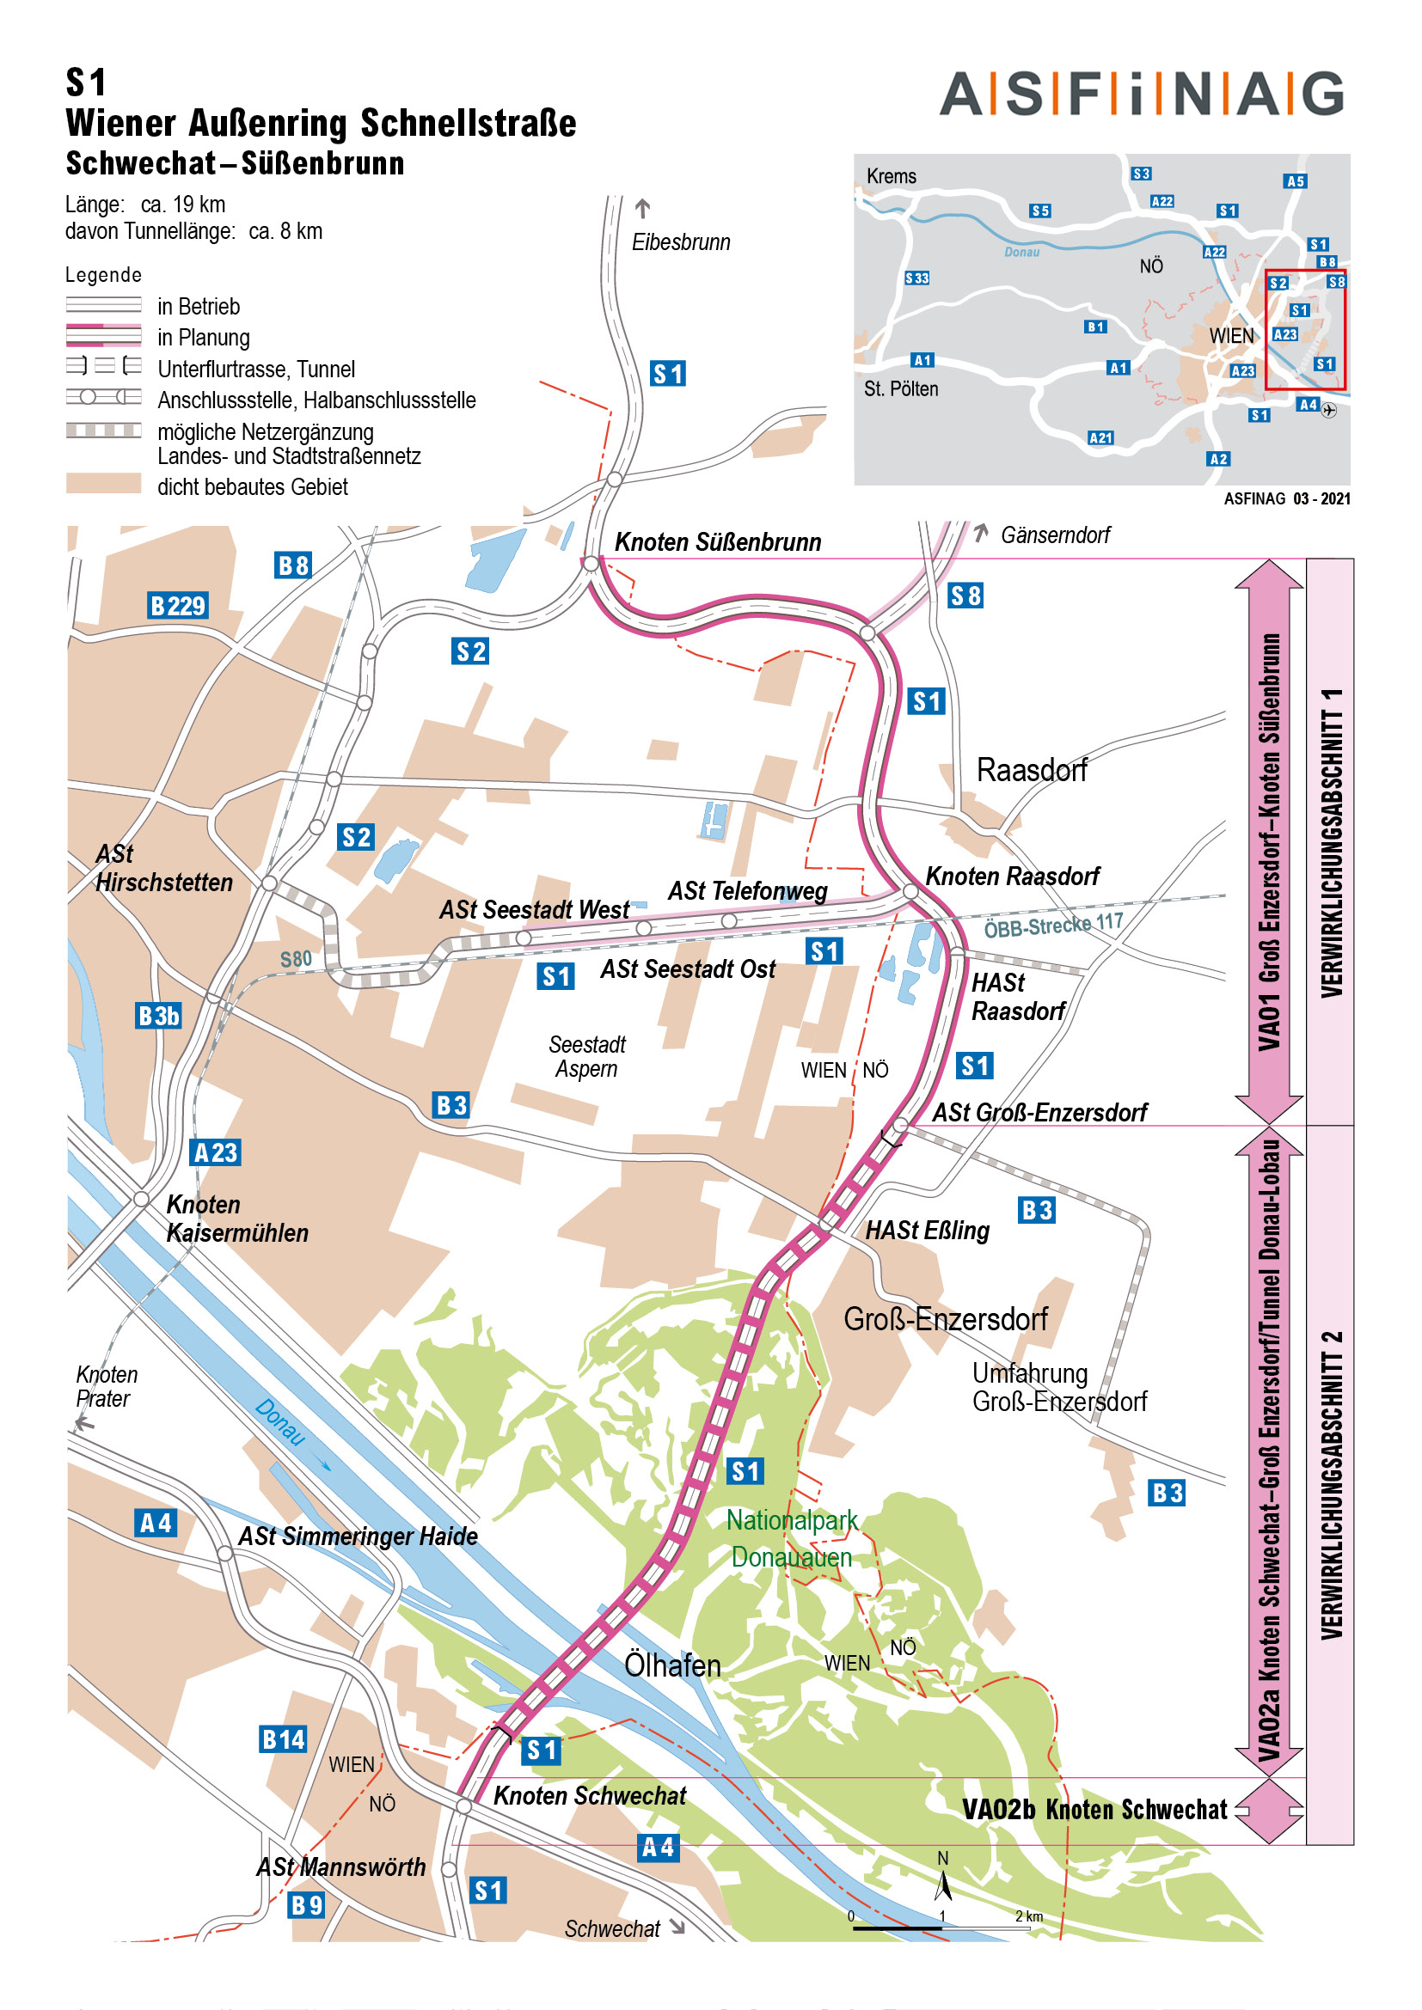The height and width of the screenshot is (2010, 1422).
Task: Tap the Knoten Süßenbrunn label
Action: coord(717,542)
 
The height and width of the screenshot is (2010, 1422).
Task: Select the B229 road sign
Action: coord(178,606)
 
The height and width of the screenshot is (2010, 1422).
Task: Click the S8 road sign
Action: coord(965,596)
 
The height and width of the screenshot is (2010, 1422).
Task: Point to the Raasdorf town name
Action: coord(1031,770)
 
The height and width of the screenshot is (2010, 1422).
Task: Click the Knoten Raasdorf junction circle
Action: coord(910,891)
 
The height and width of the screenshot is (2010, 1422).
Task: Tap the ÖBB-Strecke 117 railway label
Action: coord(1052,925)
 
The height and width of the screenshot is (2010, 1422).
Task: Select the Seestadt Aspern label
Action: coord(586,1056)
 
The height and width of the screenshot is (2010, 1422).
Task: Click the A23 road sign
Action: coord(216,1152)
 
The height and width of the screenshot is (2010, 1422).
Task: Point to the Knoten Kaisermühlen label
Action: coord(236,1219)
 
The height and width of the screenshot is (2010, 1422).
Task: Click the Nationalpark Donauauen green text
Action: coord(792,1538)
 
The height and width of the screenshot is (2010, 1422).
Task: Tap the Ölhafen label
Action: coord(671,1665)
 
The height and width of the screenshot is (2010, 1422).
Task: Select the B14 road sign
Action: coord(283,1738)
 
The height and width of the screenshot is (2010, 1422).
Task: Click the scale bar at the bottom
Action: coord(941,1928)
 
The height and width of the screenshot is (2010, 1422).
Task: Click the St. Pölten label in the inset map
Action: coord(900,388)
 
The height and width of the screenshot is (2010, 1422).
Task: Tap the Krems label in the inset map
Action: coord(891,176)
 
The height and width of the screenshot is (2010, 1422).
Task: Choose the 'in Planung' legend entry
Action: coord(203,337)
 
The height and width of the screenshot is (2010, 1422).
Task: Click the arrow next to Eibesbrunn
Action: coord(643,208)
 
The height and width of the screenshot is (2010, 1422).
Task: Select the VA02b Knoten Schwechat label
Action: coord(1094,1810)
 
